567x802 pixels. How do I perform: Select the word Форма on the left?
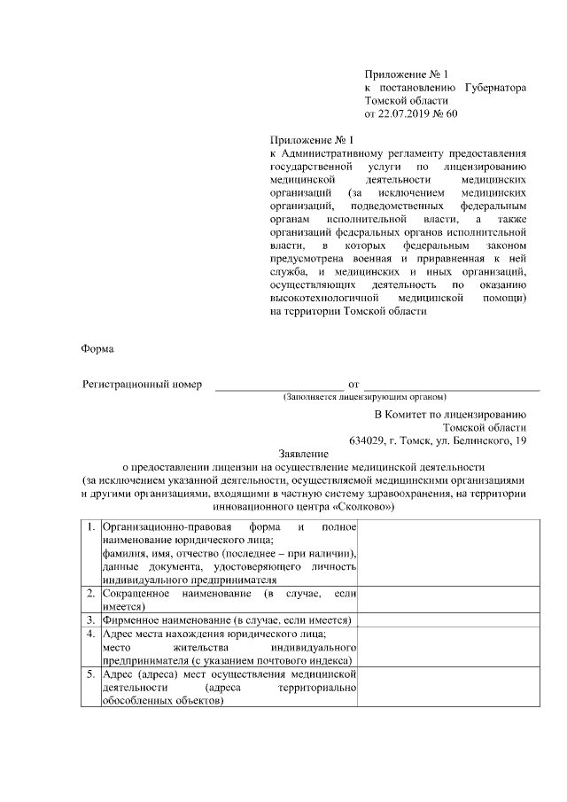[x=97, y=349]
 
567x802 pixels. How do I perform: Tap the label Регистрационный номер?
[x=143, y=385]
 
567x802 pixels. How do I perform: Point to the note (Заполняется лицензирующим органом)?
[x=364, y=397]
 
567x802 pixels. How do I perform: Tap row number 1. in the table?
[x=91, y=528]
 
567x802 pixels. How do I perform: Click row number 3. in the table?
[x=91, y=619]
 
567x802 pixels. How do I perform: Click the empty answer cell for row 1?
[x=445, y=553]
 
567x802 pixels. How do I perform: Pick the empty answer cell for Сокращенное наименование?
[x=445, y=599]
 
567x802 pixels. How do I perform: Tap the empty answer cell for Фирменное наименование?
[x=445, y=619]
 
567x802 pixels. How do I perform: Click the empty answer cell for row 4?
[x=445, y=647]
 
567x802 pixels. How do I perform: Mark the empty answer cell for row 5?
[x=445, y=688]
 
